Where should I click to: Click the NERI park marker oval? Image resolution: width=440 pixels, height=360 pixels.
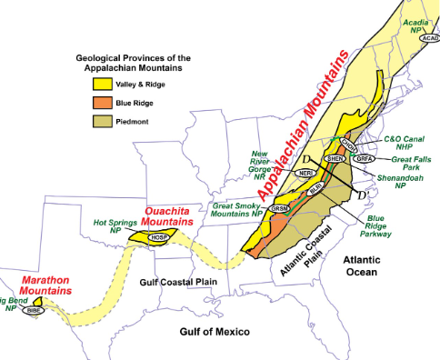[x=305, y=173]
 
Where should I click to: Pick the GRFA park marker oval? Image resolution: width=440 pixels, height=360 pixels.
[x=365, y=158]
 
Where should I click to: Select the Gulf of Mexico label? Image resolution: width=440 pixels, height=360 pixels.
[x=214, y=332]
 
